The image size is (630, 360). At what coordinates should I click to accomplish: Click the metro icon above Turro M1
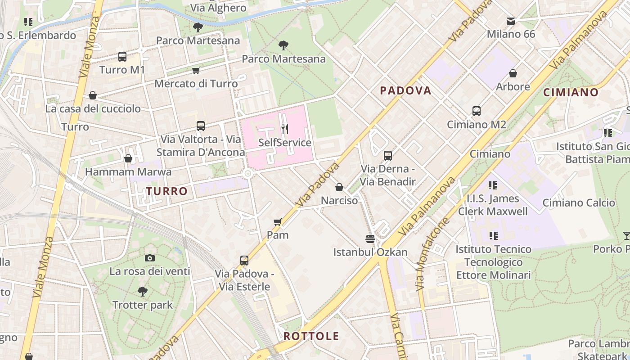coord(122,57)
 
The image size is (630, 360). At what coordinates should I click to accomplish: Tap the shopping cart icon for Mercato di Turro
coord(196,71)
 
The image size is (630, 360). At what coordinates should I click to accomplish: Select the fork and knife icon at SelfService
coord(284,130)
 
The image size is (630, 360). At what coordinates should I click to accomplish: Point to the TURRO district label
coord(166,191)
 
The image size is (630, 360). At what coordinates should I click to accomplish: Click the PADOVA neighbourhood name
coord(405,91)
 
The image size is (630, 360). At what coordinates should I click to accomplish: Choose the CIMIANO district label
coord(571,93)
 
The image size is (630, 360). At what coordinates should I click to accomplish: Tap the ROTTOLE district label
coord(311,336)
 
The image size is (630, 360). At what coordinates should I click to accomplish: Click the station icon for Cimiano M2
coord(476,111)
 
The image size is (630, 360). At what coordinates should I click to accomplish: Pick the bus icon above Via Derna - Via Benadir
coord(387,156)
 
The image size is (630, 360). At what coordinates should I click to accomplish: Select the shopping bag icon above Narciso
coord(339,187)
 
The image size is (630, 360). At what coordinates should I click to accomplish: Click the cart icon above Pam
coord(278,222)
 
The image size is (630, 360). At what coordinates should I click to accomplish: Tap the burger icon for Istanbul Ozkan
coord(370,238)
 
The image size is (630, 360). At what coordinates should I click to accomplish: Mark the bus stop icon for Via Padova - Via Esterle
coord(244,261)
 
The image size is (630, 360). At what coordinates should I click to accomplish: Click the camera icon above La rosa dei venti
coord(150,258)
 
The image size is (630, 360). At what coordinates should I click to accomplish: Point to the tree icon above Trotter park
coord(143,292)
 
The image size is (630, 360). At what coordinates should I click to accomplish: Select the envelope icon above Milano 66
coord(511,21)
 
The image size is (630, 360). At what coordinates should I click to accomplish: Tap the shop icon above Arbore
coord(513,73)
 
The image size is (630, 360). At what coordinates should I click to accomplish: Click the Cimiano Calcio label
coord(578,203)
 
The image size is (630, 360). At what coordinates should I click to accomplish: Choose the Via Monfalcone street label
coord(432,254)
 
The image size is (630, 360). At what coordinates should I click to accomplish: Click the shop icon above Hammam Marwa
coord(128,158)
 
